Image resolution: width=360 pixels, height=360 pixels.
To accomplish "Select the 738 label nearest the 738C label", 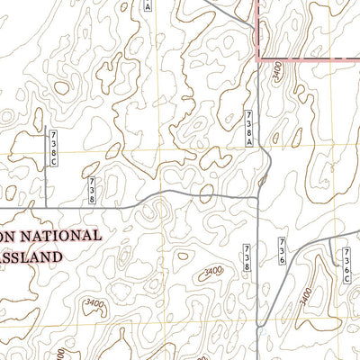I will (x=92, y=187).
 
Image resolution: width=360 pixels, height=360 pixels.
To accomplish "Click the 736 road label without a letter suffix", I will (x=282, y=251).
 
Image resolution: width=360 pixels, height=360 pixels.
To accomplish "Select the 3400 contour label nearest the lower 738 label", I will (x=212, y=271).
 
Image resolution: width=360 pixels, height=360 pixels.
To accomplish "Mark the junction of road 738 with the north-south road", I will (x=258, y=189).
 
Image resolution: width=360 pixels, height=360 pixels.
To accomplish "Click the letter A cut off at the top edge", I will (x=148, y=4).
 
